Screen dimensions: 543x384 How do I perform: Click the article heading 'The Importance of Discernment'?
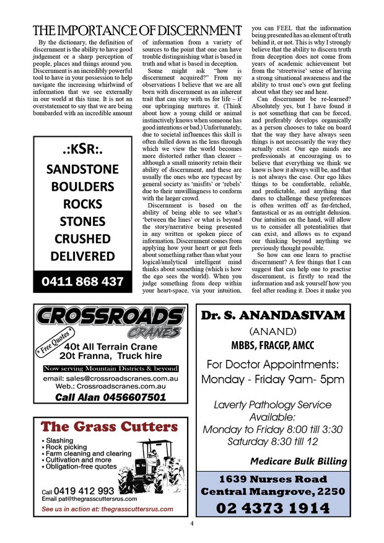coord(137,30)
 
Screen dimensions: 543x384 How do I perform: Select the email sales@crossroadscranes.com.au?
coord(111,378)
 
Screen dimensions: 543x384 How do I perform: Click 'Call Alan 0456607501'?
coord(110,397)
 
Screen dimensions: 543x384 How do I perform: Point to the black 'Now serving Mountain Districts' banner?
coord(111,368)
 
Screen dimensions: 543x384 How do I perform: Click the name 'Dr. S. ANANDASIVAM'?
coord(273,316)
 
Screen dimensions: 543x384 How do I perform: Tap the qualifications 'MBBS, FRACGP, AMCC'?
coord(272,345)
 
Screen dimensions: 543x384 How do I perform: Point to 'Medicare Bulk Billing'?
coord(298,461)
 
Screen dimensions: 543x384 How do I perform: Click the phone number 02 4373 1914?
coord(273,508)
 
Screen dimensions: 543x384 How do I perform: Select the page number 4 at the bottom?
coord(192,524)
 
